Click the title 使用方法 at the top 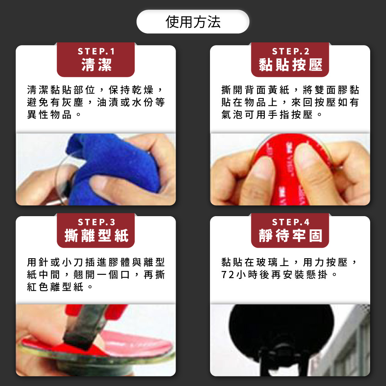tap(193, 22)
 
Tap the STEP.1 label tap(96, 51)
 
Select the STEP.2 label tap(291, 51)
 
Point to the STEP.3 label tap(96, 222)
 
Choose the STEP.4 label tap(291, 222)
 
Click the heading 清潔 tap(96, 65)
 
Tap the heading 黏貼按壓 tap(291, 65)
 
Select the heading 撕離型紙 tap(96, 235)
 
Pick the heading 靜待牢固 tap(291, 235)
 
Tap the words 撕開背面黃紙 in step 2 tap(255, 90)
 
